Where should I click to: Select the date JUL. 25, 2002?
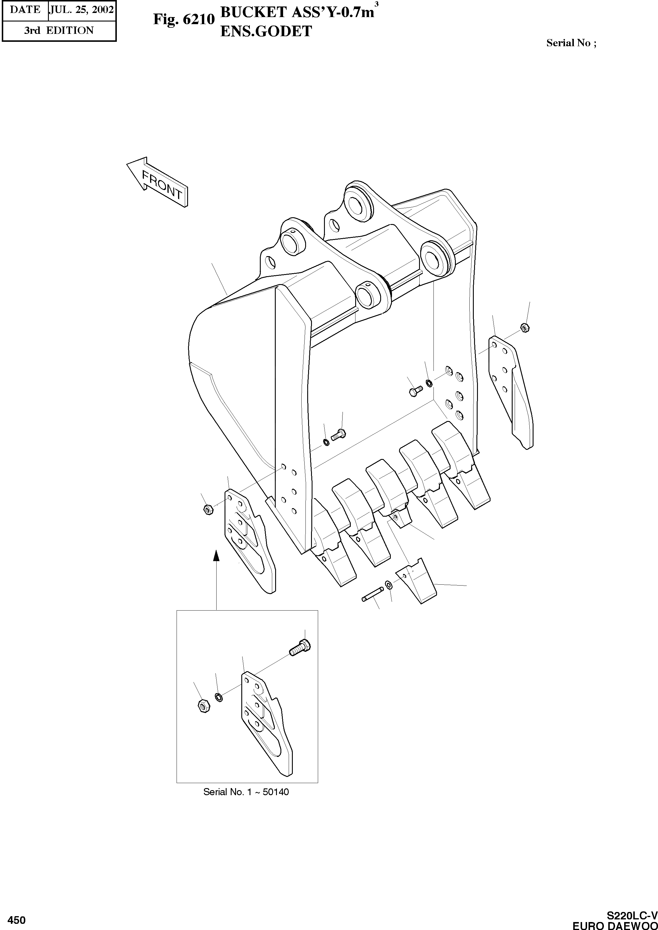point(81,10)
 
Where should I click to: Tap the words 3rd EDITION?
point(59,30)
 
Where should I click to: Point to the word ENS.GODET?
point(266,32)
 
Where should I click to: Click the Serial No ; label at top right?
point(571,43)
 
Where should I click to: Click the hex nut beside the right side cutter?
point(524,327)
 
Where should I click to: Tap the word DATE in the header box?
point(25,10)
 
